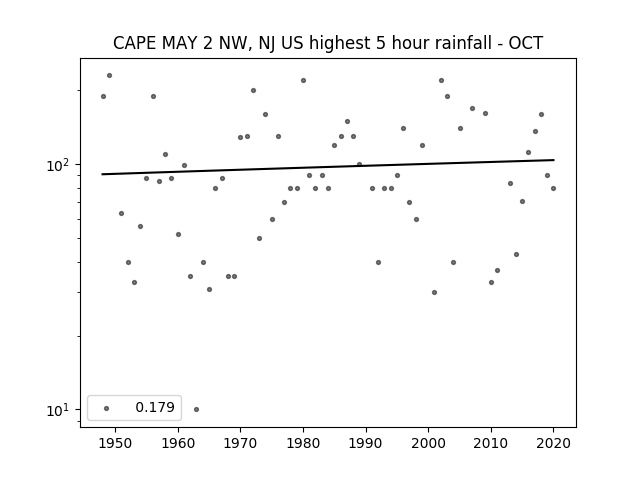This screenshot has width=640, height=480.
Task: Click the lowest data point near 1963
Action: click(196, 409)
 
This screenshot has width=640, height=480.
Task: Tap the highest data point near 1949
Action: click(109, 76)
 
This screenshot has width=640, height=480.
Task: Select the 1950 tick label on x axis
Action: click(116, 443)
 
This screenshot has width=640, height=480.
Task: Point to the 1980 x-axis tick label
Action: click(303, 443)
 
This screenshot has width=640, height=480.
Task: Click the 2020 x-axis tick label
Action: click(553, 443)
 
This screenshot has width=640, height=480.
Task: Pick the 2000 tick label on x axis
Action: click(428, 443)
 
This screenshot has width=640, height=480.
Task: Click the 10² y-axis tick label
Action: click(58, 165)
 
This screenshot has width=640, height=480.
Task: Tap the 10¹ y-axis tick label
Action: click(58, 410)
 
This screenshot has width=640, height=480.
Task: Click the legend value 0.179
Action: click(155, 407)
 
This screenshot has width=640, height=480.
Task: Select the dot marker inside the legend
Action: click(107, 408)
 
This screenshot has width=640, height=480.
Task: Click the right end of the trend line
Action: click(554, 160)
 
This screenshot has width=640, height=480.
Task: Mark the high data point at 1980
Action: click(303, 80)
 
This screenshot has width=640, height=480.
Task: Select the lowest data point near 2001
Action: click(434, 292)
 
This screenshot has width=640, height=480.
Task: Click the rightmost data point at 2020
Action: click(553, 189)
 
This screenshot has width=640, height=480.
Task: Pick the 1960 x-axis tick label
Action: click(178, 443)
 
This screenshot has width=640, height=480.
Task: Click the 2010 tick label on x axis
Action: click(491, 443)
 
